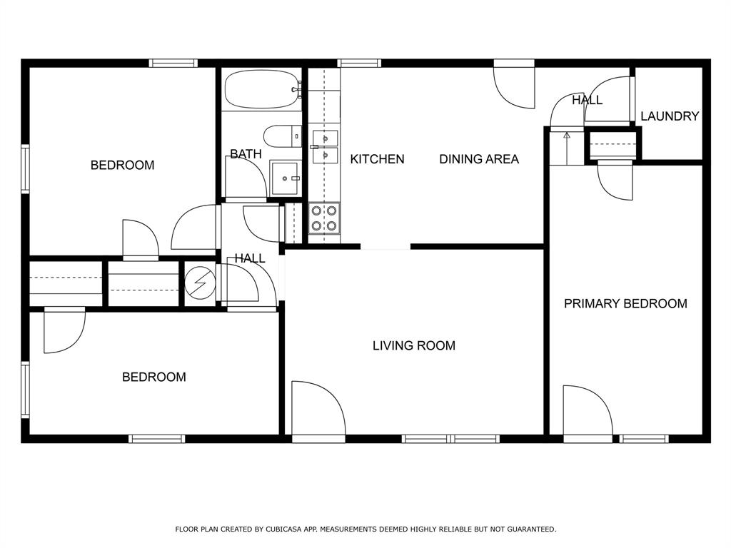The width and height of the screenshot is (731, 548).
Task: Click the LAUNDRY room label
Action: (669, 116)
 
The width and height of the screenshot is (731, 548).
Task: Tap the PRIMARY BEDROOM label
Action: (625, 304)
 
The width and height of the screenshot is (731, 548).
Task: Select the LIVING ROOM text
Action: (413, 346)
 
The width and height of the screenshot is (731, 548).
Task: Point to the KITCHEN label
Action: (377, 159)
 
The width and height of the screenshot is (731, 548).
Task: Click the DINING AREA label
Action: (478, 159)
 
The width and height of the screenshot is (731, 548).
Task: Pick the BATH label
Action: (246, 154)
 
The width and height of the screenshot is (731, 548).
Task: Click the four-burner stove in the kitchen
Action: (323, 218)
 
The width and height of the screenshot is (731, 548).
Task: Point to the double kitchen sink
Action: (325, 146)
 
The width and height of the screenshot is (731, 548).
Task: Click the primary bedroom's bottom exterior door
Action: (587, 412)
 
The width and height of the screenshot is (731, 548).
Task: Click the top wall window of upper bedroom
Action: (173, 64)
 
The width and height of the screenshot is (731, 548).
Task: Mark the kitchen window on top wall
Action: (359, 64)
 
